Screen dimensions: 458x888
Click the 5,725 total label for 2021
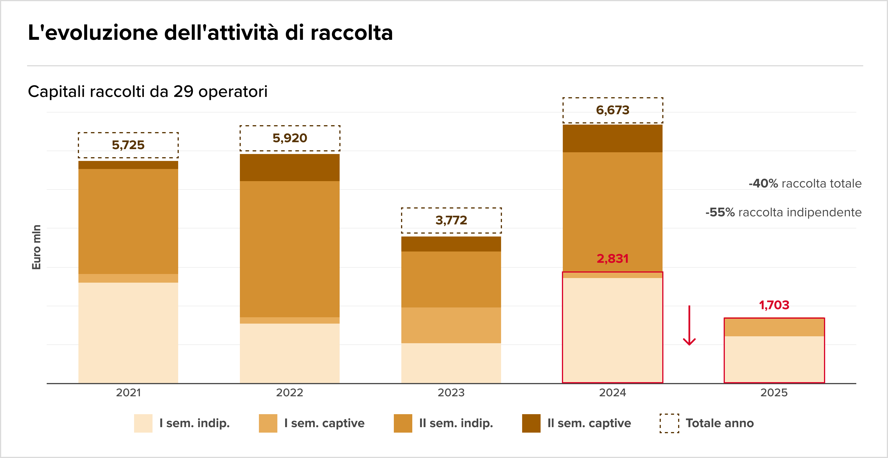128,145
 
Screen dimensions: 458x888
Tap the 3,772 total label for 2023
451,220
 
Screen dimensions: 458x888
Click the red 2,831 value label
613,259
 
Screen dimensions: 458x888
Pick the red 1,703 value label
774,305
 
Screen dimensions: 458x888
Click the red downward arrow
689,326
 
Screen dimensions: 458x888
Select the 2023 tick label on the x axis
451,393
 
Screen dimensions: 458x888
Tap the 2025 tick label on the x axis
774,393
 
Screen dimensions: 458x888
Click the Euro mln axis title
36,247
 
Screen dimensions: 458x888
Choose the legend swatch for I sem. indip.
143,423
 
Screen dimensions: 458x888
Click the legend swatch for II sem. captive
531,423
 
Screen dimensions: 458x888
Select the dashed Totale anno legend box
669,423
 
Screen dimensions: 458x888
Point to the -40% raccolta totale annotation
805,183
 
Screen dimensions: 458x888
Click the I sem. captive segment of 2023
451,325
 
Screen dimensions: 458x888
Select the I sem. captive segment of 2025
774,327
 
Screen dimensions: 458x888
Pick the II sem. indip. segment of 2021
128,222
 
